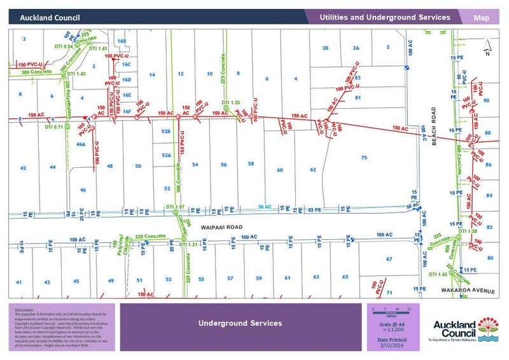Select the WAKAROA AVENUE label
[x=468, y=291]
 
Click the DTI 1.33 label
[x=230, y=102]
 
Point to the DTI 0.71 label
[x=54, y=127]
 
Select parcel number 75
[x=364, y=157]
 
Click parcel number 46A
[x=81, y=144]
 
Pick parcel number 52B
[x=166, y=131]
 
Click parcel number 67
[x=389, y=259]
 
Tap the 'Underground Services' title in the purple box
[x=240, y=323]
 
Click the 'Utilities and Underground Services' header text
[x=385, y=18]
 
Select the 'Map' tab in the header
[x=482, y=18]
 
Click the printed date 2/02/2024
[x=393, y=344]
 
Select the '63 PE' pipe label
[x=314, y=209]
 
